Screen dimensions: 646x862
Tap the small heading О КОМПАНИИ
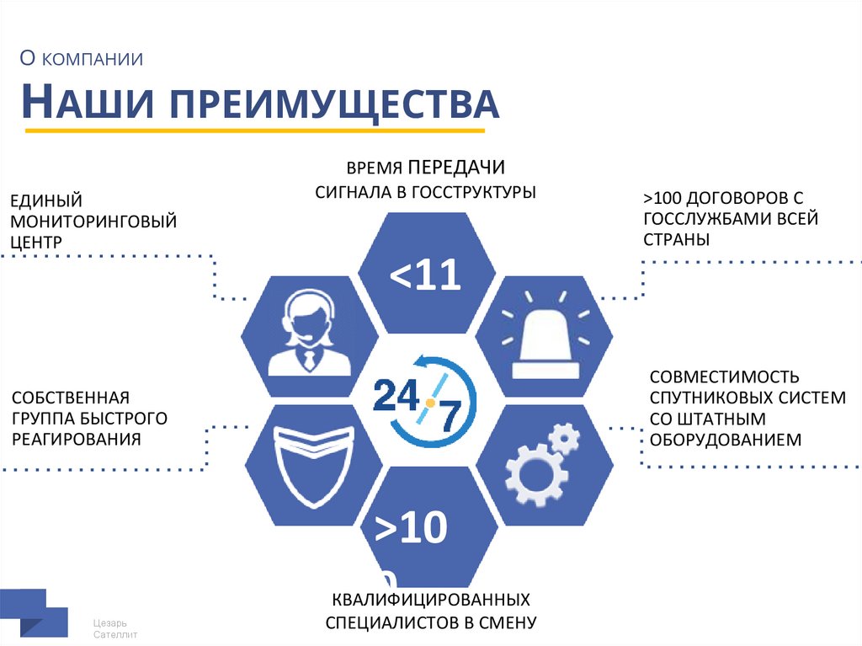82,59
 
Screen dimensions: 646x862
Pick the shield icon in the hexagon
308,465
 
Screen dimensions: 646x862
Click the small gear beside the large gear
564,439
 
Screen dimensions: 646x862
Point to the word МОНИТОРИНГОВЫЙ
93,222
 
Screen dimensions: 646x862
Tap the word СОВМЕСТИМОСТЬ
724,376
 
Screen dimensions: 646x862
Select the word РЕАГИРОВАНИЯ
76,439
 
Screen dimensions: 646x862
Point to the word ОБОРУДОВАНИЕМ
725,440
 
